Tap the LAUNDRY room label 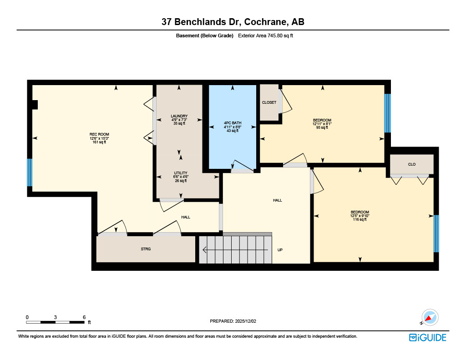tap(179, 116)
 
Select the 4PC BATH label tap(233, 123)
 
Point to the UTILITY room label tap(181, 173)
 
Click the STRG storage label tap(146, 249)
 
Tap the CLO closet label tap(411, 164)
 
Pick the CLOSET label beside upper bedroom tap(269, 102)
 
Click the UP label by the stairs tap(280, 249)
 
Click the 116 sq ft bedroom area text tap(360, 219)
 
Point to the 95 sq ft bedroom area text tap(322, 127)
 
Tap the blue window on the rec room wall tap(30, 172)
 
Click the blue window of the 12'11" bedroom tap(387, 113)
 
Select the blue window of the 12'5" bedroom tap(436, 233)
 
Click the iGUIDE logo tap(427, 337)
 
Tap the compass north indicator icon tap(429, 317)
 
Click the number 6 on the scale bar tap(84, 317)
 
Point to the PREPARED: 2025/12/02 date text tap(233, 321)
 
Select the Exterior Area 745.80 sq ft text tap(265, 35)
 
